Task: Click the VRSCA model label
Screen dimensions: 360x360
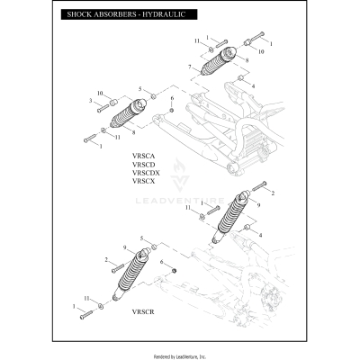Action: [x=143, y=156]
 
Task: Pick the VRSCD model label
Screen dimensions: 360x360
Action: [x=143, y=164]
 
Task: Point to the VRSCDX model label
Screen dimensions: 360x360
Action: [x=145, y=173]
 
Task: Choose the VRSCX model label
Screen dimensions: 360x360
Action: [x=143, y=181]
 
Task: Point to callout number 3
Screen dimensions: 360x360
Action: [x=91, y=101]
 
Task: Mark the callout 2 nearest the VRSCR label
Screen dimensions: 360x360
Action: [x=107, y=260]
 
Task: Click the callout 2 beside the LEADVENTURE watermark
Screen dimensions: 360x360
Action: [x=273, y=193]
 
